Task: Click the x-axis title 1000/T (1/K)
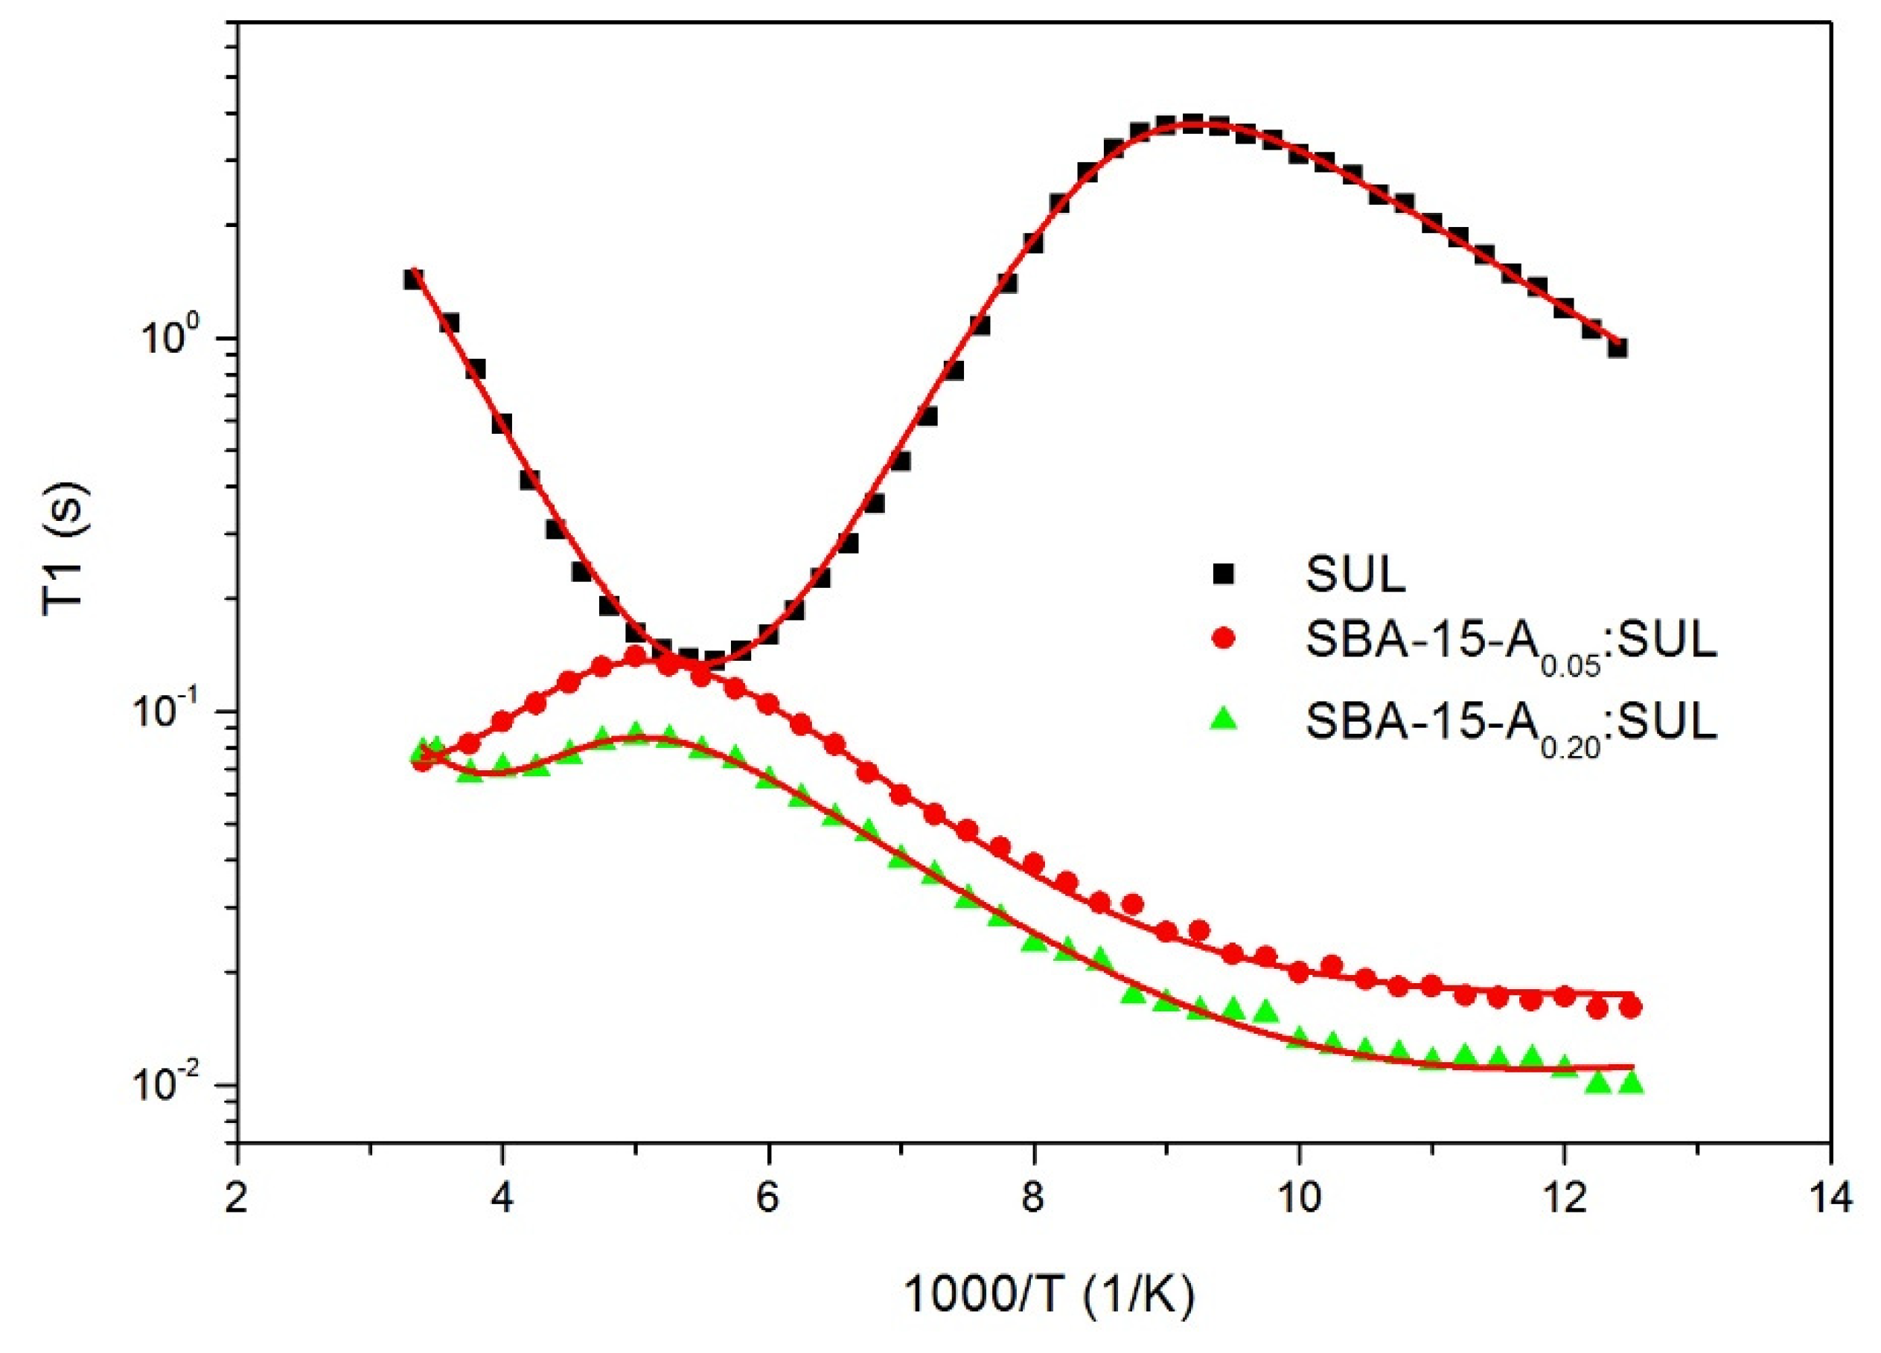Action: (1048, 1295)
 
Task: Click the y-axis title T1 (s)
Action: (68, 547)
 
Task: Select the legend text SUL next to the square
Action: (1356, 574)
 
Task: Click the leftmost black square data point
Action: (413, 278)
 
